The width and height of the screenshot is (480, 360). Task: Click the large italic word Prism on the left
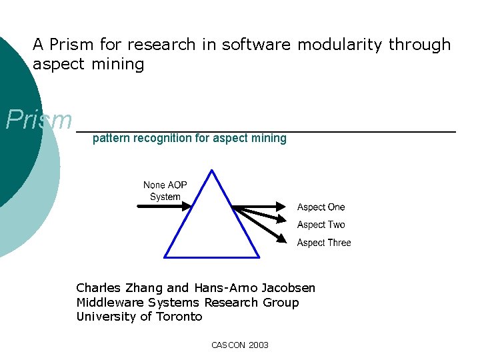point(39,121)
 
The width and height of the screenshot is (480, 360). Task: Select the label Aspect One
point(321,207)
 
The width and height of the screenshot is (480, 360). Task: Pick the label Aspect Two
point(321,225)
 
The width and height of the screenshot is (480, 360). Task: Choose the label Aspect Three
point(323,243)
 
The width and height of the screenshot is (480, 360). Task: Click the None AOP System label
point(165,191)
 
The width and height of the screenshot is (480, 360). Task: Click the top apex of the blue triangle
point(212,171)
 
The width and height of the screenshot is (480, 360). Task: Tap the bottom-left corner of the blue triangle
point(165,257)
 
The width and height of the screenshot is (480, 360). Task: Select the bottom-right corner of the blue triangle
point(259,257)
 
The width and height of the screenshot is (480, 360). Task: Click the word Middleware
point(109,303)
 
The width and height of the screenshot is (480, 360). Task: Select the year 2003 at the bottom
point(258,345)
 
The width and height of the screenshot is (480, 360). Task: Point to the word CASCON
point(228,345)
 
